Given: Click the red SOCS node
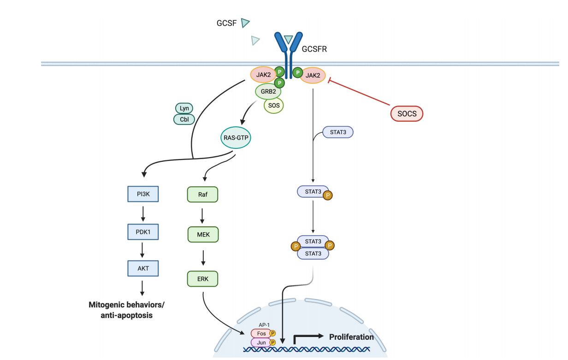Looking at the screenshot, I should (407, 113).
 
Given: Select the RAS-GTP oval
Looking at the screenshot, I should (236, 137).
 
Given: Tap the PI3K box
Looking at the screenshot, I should (143, 194).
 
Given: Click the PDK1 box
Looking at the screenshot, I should (143, 232).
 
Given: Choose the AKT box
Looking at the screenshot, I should (143, 268).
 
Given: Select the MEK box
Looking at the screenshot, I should (203, 235).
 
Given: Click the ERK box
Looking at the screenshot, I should (202, 278).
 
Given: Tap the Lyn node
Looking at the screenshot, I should (184, 108).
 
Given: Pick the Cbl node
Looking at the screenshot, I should (184, 119).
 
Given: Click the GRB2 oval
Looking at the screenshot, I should (268, 91).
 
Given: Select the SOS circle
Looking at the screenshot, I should (274, 106).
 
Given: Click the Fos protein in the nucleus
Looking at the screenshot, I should (261, 333).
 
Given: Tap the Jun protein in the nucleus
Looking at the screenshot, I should (261, 342).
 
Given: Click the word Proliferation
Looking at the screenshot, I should (351, 337).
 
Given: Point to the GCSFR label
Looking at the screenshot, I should (314, 49).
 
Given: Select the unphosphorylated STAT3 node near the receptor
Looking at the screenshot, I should (338, 132).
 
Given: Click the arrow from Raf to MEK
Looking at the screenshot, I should (202, 215).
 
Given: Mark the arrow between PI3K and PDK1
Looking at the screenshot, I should (143, 213).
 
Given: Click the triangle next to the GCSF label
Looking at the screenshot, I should (245, 23).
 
